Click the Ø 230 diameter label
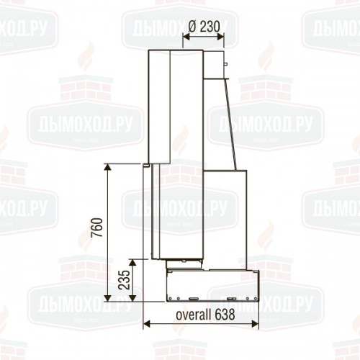204,26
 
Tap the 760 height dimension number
97,228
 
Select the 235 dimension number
125,280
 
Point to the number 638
225,315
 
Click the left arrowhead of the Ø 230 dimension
186,37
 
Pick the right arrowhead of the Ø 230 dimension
220,37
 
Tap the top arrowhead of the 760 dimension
108,167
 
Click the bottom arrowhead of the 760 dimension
108,298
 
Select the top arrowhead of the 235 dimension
132,263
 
